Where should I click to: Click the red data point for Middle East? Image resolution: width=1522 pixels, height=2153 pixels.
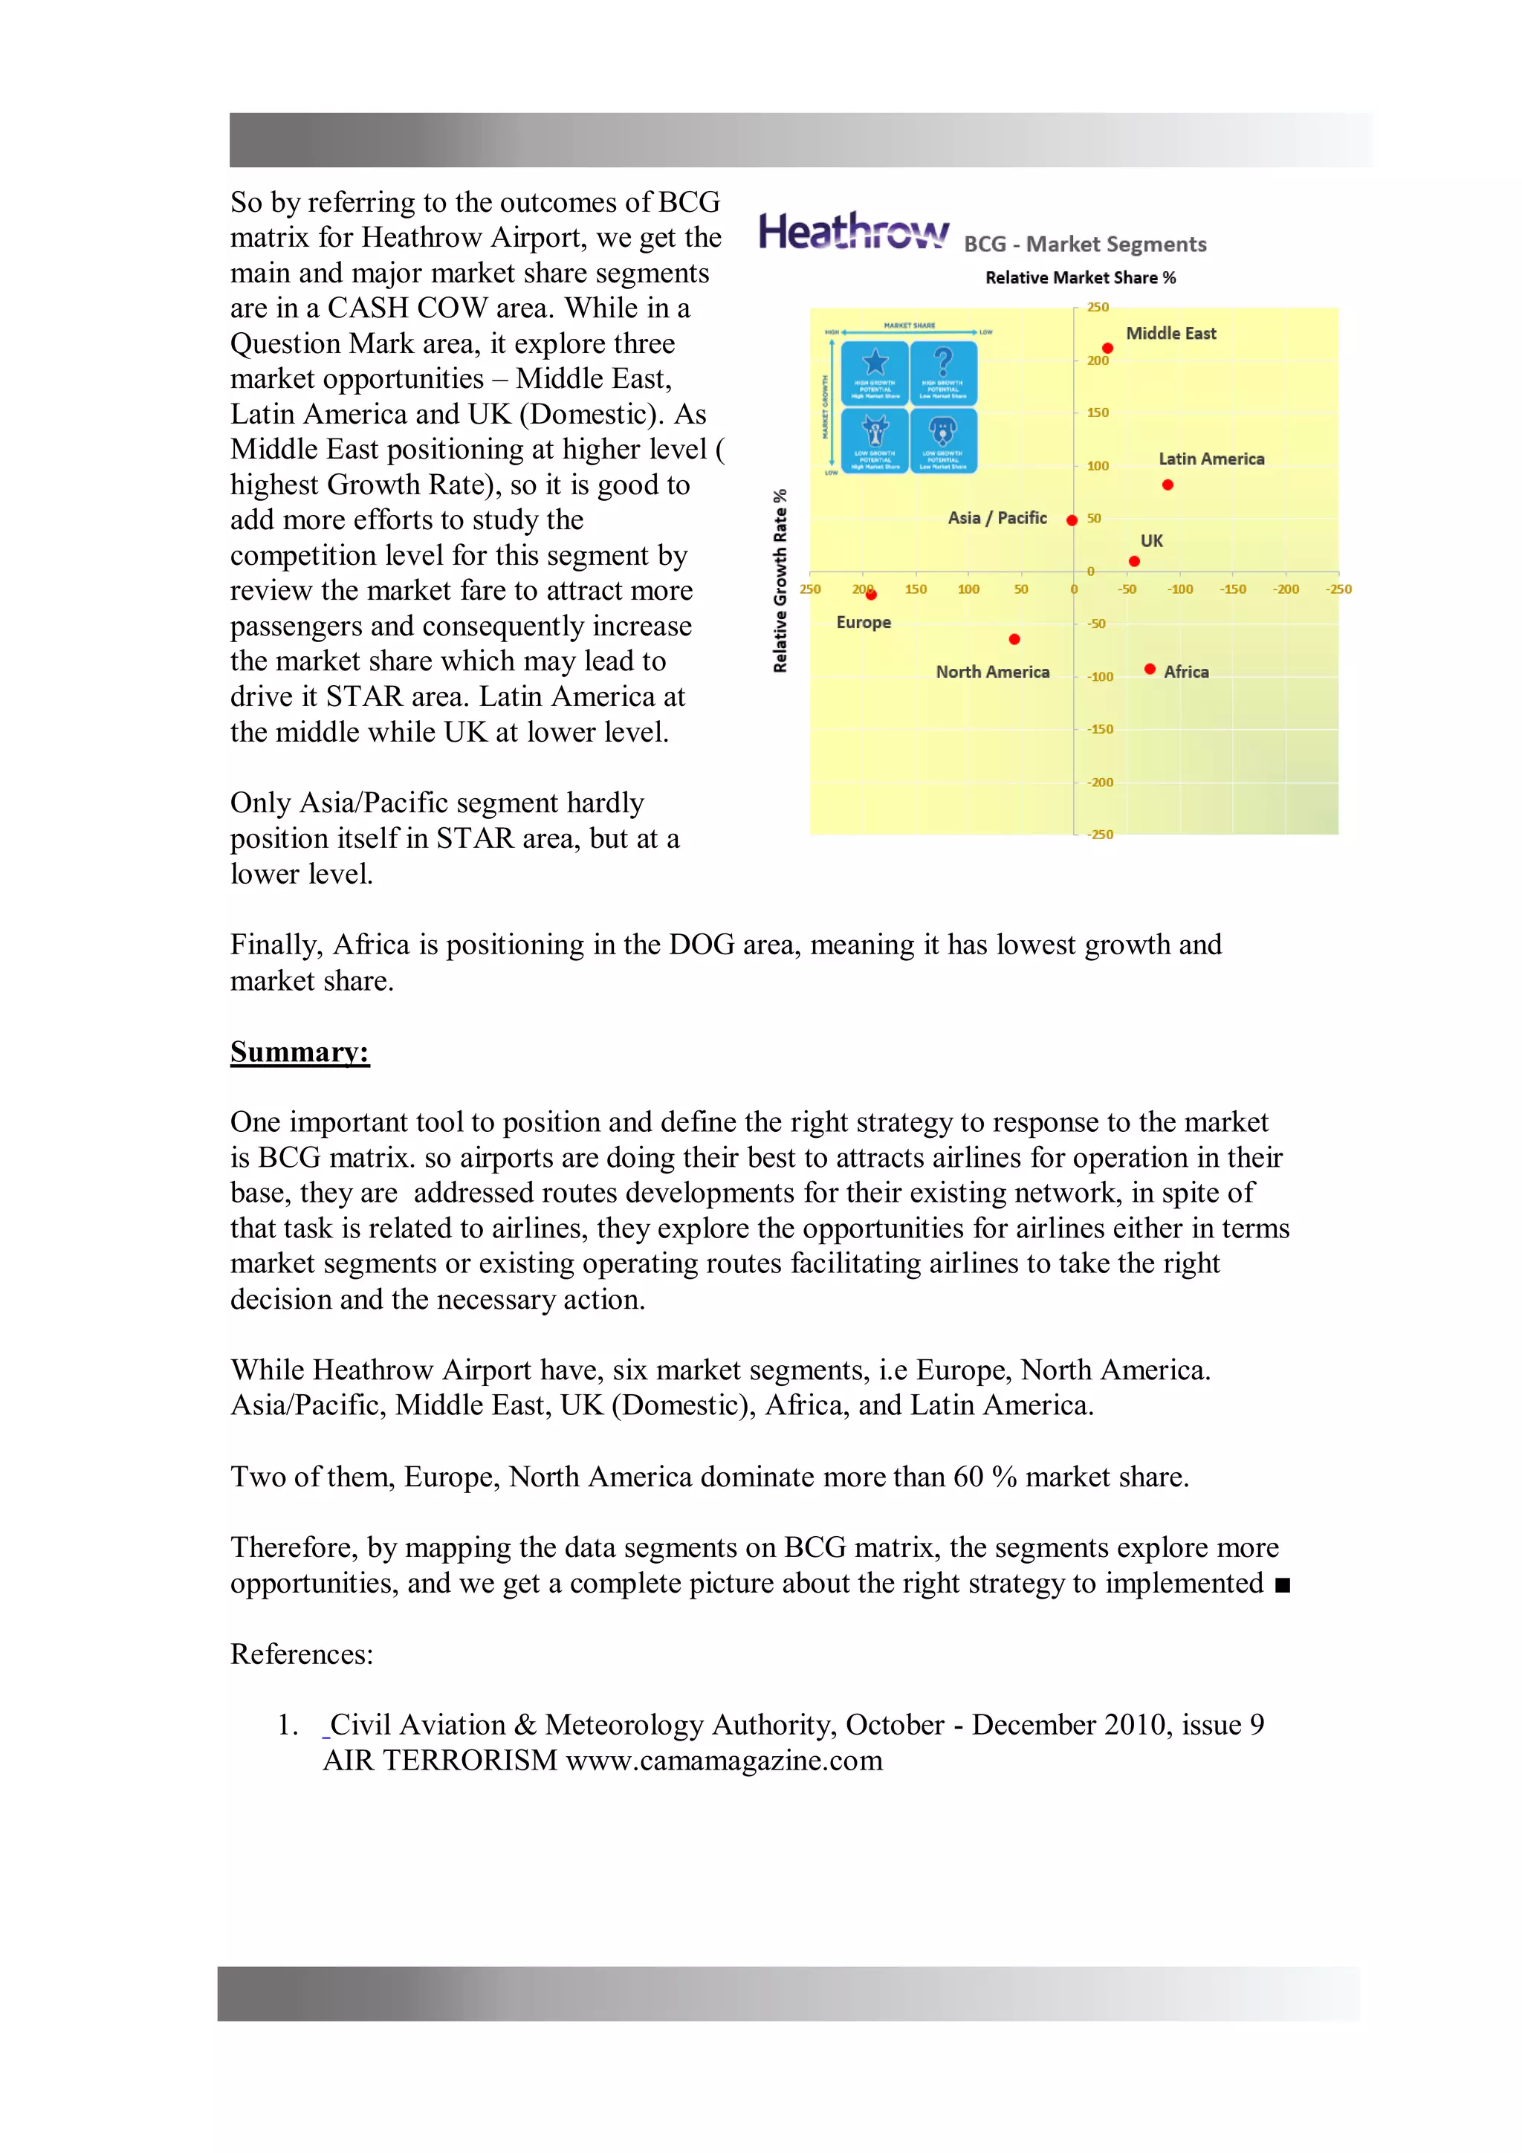click(x=1107, y=348)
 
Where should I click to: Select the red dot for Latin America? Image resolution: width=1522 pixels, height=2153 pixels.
click(x=1167, y=485)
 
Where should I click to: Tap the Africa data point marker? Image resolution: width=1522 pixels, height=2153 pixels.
click(x=1149, y=669)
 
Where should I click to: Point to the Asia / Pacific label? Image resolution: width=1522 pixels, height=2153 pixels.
click(x=996, y=517)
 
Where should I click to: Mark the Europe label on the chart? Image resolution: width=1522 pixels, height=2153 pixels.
click(x=863, y=622)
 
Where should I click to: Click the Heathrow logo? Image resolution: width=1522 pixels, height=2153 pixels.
click(x=852, y=232)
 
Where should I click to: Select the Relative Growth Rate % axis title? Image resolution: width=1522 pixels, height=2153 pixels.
click(x=780, y=580)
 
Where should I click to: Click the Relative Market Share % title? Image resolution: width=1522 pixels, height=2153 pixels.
click(x=1079, y=277)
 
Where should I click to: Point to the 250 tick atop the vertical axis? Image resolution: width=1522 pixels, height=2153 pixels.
click(x=1097, y=307)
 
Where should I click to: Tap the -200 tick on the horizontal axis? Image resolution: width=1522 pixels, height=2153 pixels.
click(x=1285, y=589)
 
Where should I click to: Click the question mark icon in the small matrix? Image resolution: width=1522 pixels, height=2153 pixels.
click(x=942, y=361)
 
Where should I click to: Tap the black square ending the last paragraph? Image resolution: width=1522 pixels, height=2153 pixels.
click(x=1282, y=1584)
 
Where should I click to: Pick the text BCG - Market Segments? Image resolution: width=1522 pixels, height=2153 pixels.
click(x=1084, y=244)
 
